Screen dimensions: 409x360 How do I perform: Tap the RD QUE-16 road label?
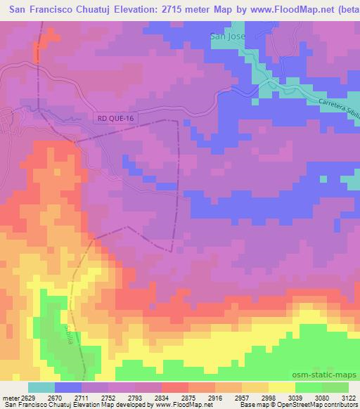[x=114, y=119]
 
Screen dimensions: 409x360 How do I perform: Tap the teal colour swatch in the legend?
[x=41, y=387]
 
